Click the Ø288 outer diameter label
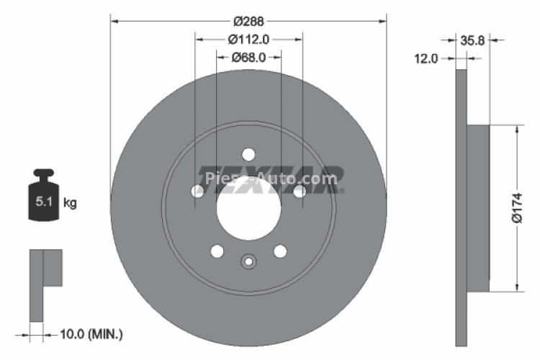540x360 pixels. coord(248,21)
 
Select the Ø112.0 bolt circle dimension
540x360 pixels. coord(248,40)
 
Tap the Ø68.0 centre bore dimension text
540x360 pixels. coord(248,58)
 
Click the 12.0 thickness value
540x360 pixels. coord(426,59)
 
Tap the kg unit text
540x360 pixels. coord(70,203)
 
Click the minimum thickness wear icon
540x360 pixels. coord(45,284)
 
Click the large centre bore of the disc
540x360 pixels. coord(248,209)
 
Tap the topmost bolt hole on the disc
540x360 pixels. coord(248,155)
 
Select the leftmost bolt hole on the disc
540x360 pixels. coord(198,191)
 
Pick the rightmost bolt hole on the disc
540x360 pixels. coord(299,191)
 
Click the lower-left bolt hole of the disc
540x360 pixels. coord(217,251)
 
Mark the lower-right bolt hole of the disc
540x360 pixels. coord(280,251)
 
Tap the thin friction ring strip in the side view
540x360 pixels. coord(462,208)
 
